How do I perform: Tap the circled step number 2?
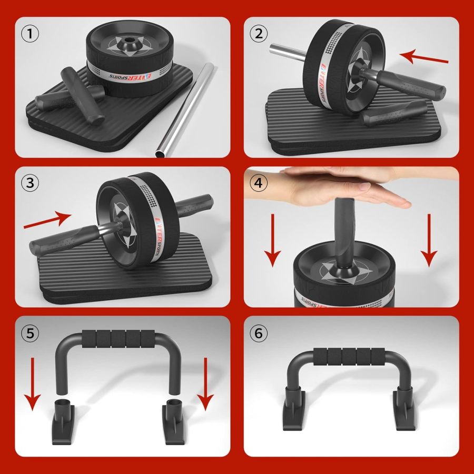click(258, 34)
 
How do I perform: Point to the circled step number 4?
click(258, 183)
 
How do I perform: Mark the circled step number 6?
click(258, 333)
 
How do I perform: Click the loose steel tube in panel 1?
click(184, 111)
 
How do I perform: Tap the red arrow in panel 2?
click(424, 57)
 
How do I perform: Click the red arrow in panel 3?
click(47, 222)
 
